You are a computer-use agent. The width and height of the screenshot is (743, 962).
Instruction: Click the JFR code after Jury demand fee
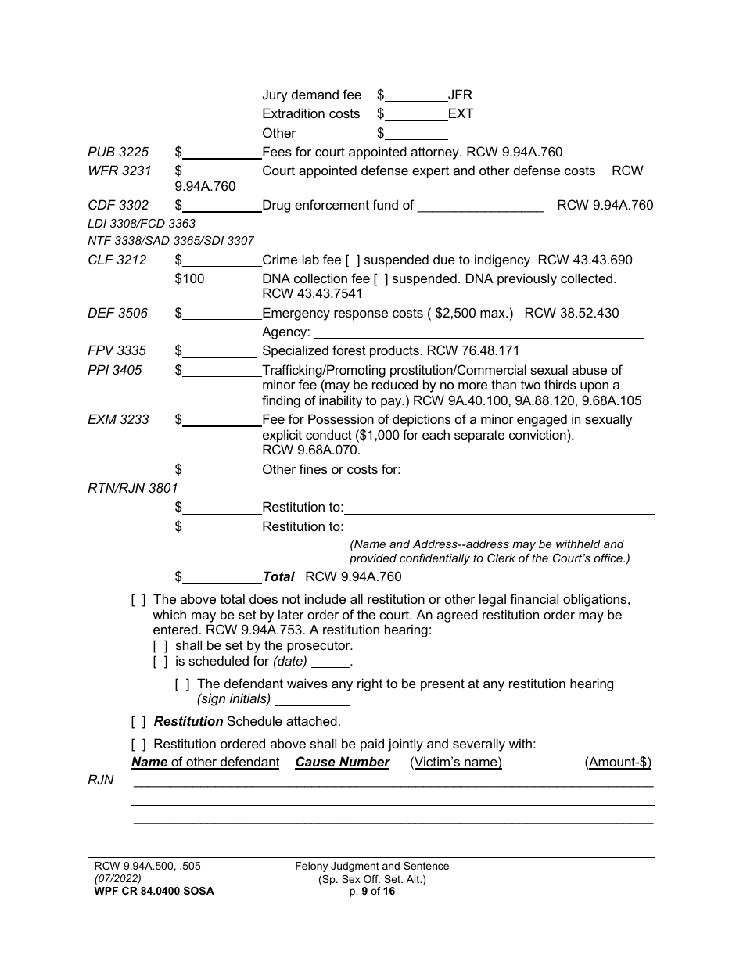460,95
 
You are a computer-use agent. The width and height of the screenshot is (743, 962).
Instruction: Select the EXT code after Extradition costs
461,113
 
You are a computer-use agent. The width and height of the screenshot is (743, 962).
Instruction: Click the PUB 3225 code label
117,152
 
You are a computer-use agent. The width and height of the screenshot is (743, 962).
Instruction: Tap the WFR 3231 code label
119,171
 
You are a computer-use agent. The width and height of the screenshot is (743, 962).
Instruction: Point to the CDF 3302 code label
117,205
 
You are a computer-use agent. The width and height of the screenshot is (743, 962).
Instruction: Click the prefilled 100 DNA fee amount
193,278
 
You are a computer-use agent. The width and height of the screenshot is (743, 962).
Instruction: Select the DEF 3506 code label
117,313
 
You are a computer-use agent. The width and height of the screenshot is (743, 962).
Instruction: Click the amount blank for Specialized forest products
218,351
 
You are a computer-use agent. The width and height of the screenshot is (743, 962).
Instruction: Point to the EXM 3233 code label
118,419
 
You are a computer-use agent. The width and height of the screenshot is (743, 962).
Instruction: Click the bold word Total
278,576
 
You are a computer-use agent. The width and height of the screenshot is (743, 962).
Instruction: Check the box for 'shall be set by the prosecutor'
160,646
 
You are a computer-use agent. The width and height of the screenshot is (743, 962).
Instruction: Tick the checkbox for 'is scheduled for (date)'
160,662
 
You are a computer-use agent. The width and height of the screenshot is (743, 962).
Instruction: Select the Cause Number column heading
342,762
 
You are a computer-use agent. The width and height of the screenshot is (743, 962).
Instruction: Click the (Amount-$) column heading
618,762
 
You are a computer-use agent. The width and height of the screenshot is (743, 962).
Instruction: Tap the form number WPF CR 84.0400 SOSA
151,891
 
